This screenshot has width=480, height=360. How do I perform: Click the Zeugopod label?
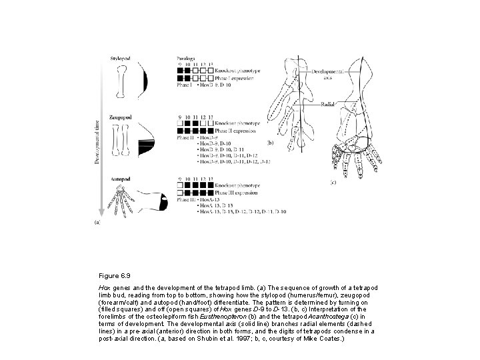(x=121, y=118)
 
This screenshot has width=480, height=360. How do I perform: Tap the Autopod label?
(x=120, y=180)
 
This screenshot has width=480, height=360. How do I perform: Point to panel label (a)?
(x=97, y=223)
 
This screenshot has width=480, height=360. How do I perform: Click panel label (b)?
(x=270, y=143)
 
